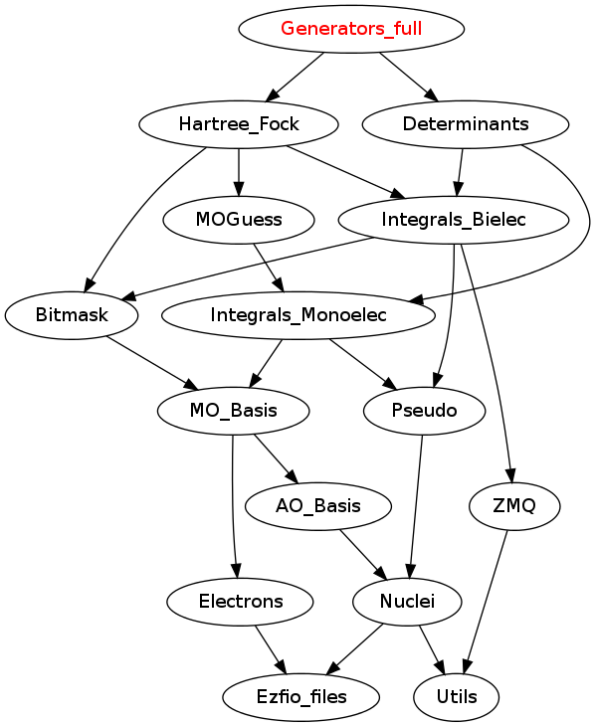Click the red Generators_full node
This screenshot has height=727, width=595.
tap(351, 29)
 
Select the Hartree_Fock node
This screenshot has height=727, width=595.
tap(239, 124)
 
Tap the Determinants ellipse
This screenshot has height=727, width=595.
tap(465, 124)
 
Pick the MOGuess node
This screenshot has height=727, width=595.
tap(239, 220)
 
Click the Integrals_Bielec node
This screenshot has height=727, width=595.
tap(453, 220)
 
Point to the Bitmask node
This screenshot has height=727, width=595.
tap(72, 315)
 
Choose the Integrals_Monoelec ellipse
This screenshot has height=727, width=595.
tap(298, 315)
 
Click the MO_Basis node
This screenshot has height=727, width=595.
tap(233, 411)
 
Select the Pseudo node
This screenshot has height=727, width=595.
tap(424, 411)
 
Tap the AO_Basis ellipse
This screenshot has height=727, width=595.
tap(318, 506)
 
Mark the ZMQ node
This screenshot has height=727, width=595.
tap(514, 506)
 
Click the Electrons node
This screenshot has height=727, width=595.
tap(240, 602)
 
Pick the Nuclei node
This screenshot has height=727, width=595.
tap(407, 602)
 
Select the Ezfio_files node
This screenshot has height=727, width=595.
tap(300, 697)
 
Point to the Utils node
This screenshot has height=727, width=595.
tap(457, 697)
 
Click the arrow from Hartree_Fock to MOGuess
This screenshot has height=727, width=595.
tap(239, 172)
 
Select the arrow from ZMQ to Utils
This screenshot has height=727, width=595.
tap(486, 603)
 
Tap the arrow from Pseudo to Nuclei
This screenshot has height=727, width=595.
tap(417, 506)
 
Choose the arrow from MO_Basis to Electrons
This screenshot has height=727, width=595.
tap(233, 506)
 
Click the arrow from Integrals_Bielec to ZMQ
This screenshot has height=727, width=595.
tap(492, 362)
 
